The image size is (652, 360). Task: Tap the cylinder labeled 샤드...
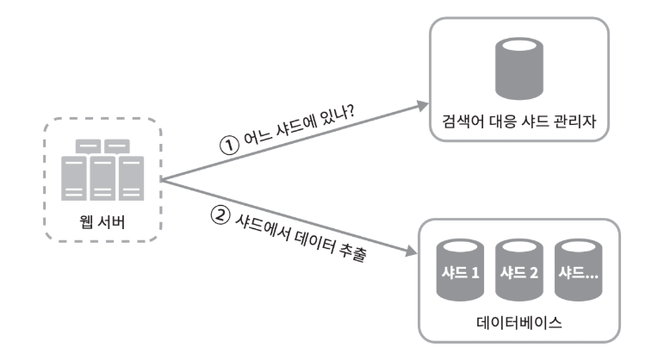click(x=580, y=271)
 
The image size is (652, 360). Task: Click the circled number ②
click(x=219, y=212)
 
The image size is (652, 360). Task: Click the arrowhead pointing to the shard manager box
click(x=421, y=104)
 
